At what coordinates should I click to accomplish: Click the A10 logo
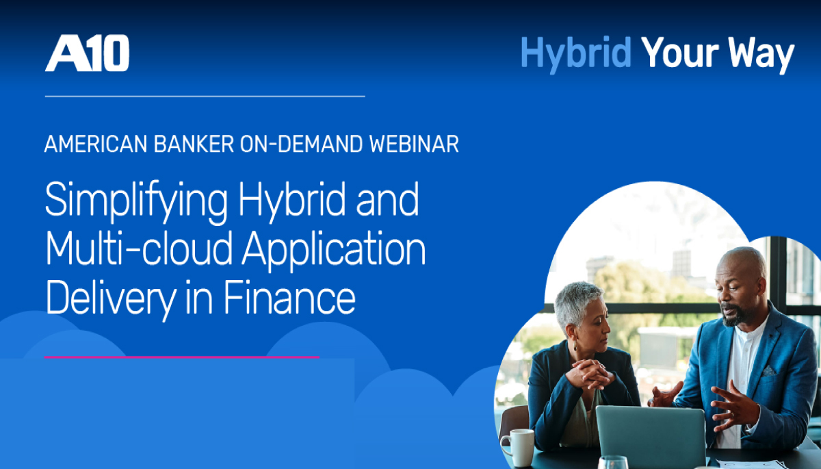click(x=87, y=53)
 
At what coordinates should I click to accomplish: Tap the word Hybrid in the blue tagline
click(x=576, y=55)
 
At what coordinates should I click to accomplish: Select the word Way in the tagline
click(x=761, y=55)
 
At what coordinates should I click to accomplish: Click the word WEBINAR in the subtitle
click(x=414, y=144)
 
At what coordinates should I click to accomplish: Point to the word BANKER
click(x=194, y=144)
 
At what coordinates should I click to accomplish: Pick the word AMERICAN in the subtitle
click(x=96, y=144)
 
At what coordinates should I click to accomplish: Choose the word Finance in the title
click(x=289, y=297)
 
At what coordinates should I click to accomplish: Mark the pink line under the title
click(x=182, y=357)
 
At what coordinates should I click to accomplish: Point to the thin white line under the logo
click(x=205, y=96)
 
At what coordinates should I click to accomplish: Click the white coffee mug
click(x=518, y=446)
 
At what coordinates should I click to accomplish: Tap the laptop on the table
click(x=651, y=436)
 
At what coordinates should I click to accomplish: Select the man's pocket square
click(x=768, y=371)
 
